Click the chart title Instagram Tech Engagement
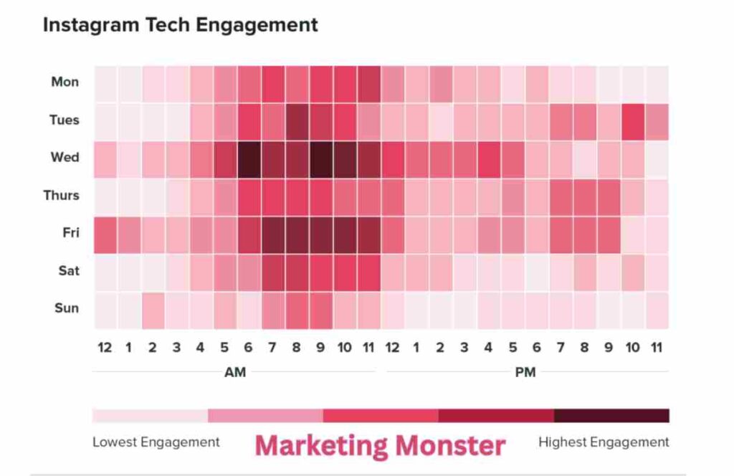point(180,24)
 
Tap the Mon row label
point(65,82)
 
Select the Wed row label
point(65,157)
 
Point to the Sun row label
point(66,308)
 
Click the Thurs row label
point(61,195)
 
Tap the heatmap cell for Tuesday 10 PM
point(632,120)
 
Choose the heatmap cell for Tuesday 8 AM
point(297,120)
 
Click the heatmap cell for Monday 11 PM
point(656,82)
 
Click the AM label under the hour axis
point(235,372)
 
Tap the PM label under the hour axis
point(525,372)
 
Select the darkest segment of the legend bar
point(611,416)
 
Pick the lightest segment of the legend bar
point(150,416)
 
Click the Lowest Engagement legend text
point(156,442)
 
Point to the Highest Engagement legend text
point(604,442)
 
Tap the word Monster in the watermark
point(446,445)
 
